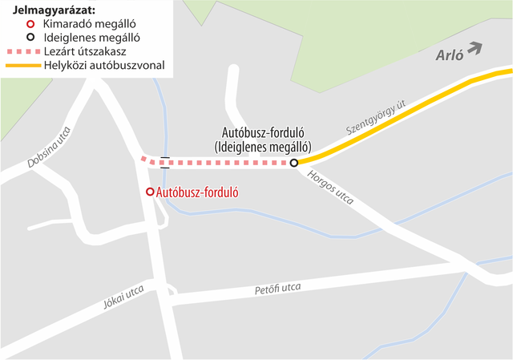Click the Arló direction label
pyautogui.click(x=450, y=55)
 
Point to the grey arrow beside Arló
pyautogui.click(x=475, y=48)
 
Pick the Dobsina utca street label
pyautogui.click(x=50, y=148)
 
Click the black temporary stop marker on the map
pyautogui.click(x=293, y=163)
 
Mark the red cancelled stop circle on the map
pyautogui.click(x=150, y=192)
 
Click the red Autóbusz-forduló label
pyautogui.click(x=198, y=192)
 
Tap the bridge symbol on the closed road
pyautogui.click(x=164, y=163)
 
